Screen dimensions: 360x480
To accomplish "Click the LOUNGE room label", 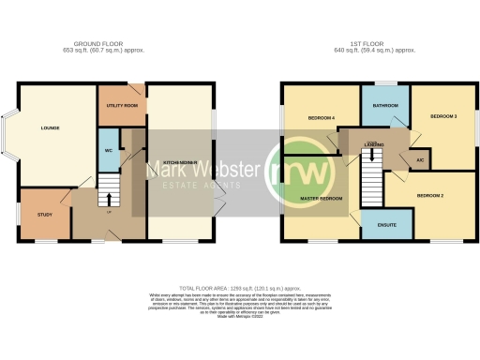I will pyautogui.click(x=50, y=127).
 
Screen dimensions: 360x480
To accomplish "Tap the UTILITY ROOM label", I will pyautogui.click(x=122, y=106).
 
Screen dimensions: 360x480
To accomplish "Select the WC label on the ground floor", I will pyautogui.click(x=108, y=151).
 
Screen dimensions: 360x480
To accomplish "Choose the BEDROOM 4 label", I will pyautogui.click(x=321, y=118).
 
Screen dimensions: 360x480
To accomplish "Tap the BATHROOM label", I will pyautogui.click(x=385, y=106).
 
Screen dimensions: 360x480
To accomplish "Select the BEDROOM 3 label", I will pyautogui.click(x=443, y=116).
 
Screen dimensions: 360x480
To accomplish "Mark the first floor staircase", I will pyautogui.click(x=371, y=172).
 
